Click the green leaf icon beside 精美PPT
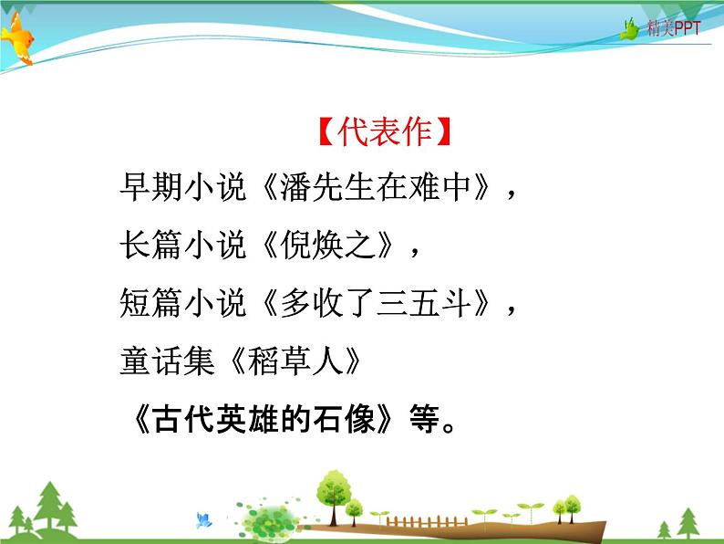tap(630, 29)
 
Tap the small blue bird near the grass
tap(203, 519)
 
